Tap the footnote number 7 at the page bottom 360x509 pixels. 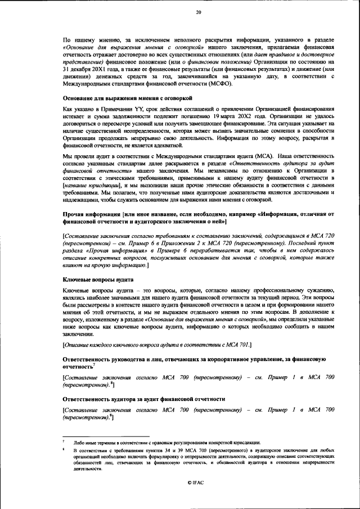tap(64, 442)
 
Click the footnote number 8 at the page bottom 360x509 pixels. tap(64, 451)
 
